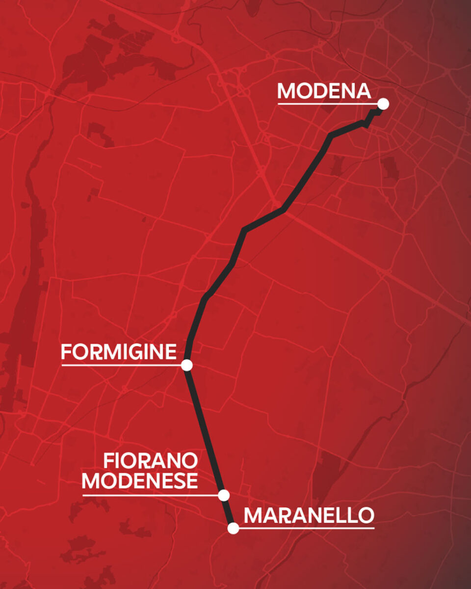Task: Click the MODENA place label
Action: point(324,91)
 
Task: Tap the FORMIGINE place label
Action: point(118,352)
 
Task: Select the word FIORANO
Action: point(151,461)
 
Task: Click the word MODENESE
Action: point(140,481)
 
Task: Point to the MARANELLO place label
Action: point(309,516)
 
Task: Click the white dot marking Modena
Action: point(383,104)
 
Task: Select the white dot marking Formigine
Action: point(186,365)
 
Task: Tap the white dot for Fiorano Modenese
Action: point(224,495)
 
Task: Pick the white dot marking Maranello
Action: point(233,528)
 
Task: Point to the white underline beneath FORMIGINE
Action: point(121,365)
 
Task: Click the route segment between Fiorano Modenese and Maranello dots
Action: point(228,511)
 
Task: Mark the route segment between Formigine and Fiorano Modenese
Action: point(205,430)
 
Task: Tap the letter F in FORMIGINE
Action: point(66,352)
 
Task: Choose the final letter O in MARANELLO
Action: point(366,516)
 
